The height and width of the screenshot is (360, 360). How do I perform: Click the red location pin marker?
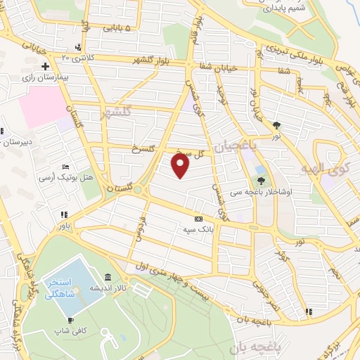coord(181,166)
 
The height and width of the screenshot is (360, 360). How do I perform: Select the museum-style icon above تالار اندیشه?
coord(107,276)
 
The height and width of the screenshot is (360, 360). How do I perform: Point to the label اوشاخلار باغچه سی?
coord(271,191)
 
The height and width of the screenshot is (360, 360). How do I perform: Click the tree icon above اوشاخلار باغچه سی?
coord(261,179)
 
